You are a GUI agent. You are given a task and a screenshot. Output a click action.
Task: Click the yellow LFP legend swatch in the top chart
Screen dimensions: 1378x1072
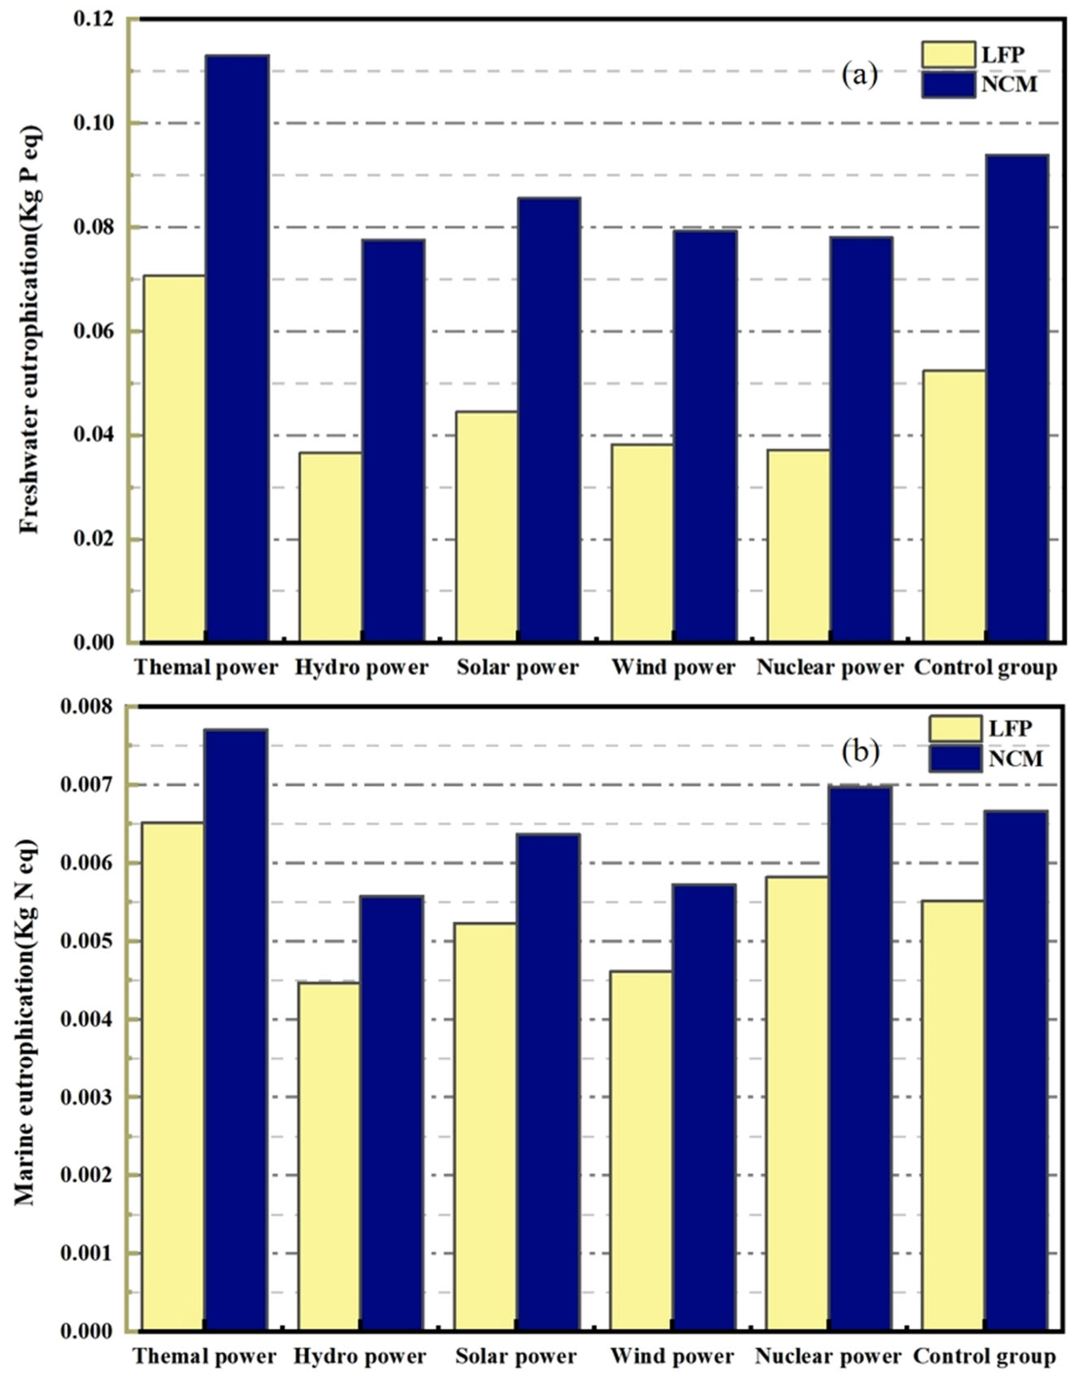point(948,55)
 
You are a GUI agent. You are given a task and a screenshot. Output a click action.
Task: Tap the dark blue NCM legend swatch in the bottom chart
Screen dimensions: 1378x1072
point(955,758)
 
